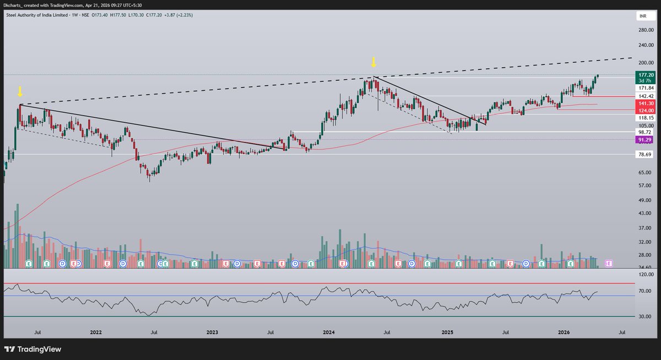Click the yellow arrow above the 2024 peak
click(373, 62)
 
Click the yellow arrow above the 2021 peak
click(20, 91)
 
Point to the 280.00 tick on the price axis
click(646, 31)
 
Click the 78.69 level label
click(646, 154)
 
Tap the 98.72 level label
click(646, 133)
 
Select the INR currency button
click(642, 17)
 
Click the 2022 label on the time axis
click(96, 332)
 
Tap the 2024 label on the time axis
click(329, 332)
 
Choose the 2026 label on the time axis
click(564, 332)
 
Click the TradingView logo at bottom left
click(32, 349)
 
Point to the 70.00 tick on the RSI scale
click(645, 291)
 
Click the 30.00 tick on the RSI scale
click(645, 317)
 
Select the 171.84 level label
click(646, 88)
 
